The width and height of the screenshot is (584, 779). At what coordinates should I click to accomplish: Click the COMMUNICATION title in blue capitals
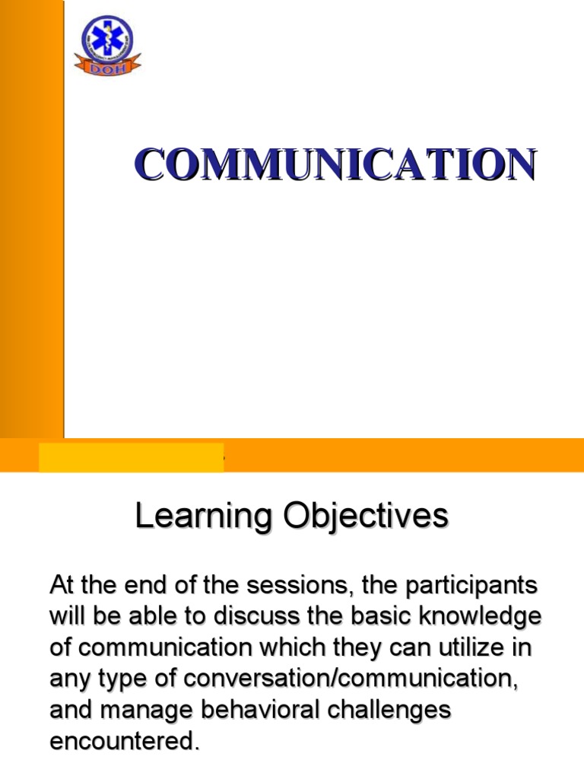tap(335, 164)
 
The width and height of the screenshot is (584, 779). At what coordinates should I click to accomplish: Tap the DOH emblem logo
tap(107, 45)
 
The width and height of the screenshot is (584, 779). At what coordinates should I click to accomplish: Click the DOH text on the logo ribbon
tap(107, 66)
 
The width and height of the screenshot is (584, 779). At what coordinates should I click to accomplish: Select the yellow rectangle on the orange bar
tap(131, 457)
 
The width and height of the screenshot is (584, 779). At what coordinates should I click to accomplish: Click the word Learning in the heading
tap(203, 517)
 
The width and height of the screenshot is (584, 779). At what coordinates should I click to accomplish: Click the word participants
tap(470, 587)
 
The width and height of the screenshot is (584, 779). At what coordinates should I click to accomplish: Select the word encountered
tap(124, 741)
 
